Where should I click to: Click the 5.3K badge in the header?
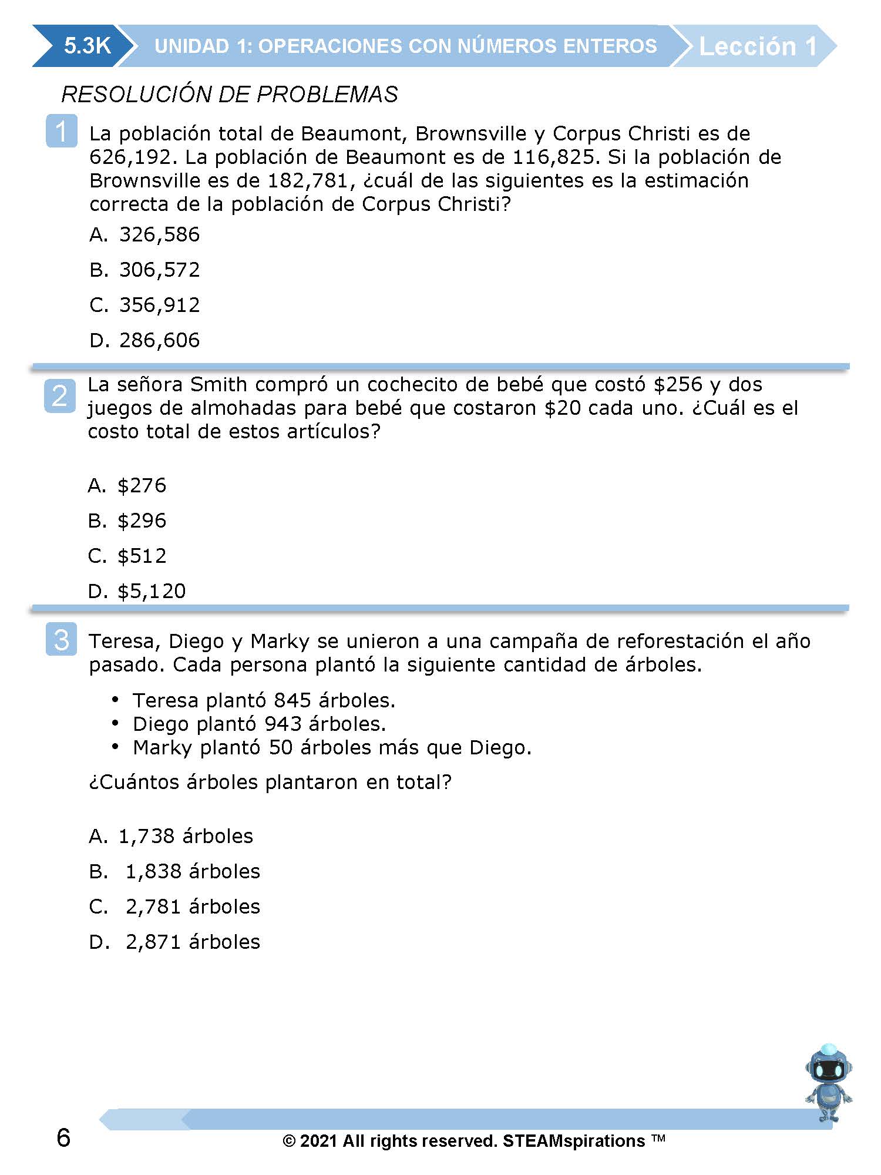click(87, 46)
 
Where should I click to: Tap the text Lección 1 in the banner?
click(758, 46)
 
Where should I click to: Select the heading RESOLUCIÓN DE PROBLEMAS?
click(230, 95)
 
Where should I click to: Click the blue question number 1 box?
click(61, 131)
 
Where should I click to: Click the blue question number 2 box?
click(60, 395)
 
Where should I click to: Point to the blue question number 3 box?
click(61, 639)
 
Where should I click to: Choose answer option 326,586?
click(159, 234)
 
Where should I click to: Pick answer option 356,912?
click(159, 305)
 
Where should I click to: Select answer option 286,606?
click(159, 340)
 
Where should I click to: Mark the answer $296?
click(142, 521)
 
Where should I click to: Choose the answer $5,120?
click(152, 591)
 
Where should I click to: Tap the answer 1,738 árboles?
click(186, 836)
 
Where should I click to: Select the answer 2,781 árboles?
click(193, 907)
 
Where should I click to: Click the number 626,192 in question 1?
click(130, 157)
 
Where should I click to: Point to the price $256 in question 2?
click(678, 385)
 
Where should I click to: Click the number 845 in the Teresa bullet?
click(292, 700)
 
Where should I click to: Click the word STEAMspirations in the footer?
click(574, 1141)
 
